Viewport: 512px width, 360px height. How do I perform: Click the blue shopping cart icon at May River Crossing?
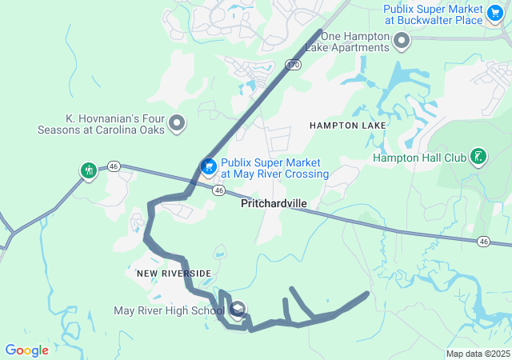208,166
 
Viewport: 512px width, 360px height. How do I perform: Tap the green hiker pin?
88,170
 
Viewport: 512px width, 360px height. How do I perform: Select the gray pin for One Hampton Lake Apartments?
402,39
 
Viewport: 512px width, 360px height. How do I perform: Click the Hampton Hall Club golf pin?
478,156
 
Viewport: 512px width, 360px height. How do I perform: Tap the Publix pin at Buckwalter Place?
496,12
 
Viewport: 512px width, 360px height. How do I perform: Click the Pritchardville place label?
274,204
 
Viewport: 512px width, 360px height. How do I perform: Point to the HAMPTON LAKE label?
347,126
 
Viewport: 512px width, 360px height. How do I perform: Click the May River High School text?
169,310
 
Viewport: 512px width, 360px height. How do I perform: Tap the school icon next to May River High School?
238,310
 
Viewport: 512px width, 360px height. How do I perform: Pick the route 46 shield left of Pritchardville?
218,190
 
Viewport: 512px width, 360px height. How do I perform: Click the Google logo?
26,350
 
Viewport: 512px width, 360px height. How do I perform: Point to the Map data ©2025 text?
478,354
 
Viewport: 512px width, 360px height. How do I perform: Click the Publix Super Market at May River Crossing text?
274,168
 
